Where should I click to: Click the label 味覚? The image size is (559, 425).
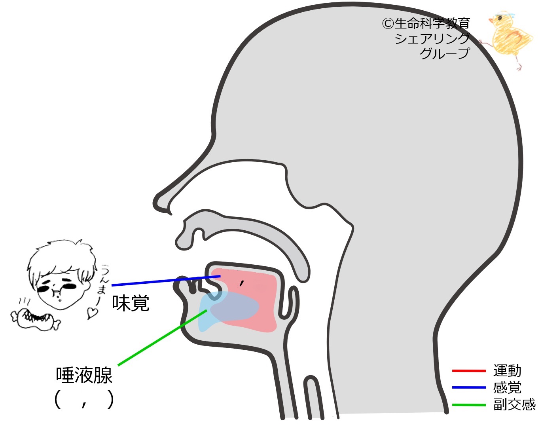(131, 304)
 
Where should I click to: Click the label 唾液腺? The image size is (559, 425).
(84, 375)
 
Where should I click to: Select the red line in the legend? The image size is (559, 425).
(469, 371)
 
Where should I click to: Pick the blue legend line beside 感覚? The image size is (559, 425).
(469, 387)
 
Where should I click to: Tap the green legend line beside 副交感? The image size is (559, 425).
(469, 404)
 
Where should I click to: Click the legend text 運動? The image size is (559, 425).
(507, 371)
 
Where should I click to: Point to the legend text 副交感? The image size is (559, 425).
(514, 404)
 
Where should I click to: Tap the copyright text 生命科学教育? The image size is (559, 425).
(431, 23)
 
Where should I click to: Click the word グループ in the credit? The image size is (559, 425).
(445, 53)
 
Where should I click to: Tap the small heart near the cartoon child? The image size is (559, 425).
(92, 313)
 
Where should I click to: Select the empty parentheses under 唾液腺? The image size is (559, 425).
(84, 400)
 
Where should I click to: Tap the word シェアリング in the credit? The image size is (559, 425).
(432, 38)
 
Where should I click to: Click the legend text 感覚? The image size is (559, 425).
(507, 387)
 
